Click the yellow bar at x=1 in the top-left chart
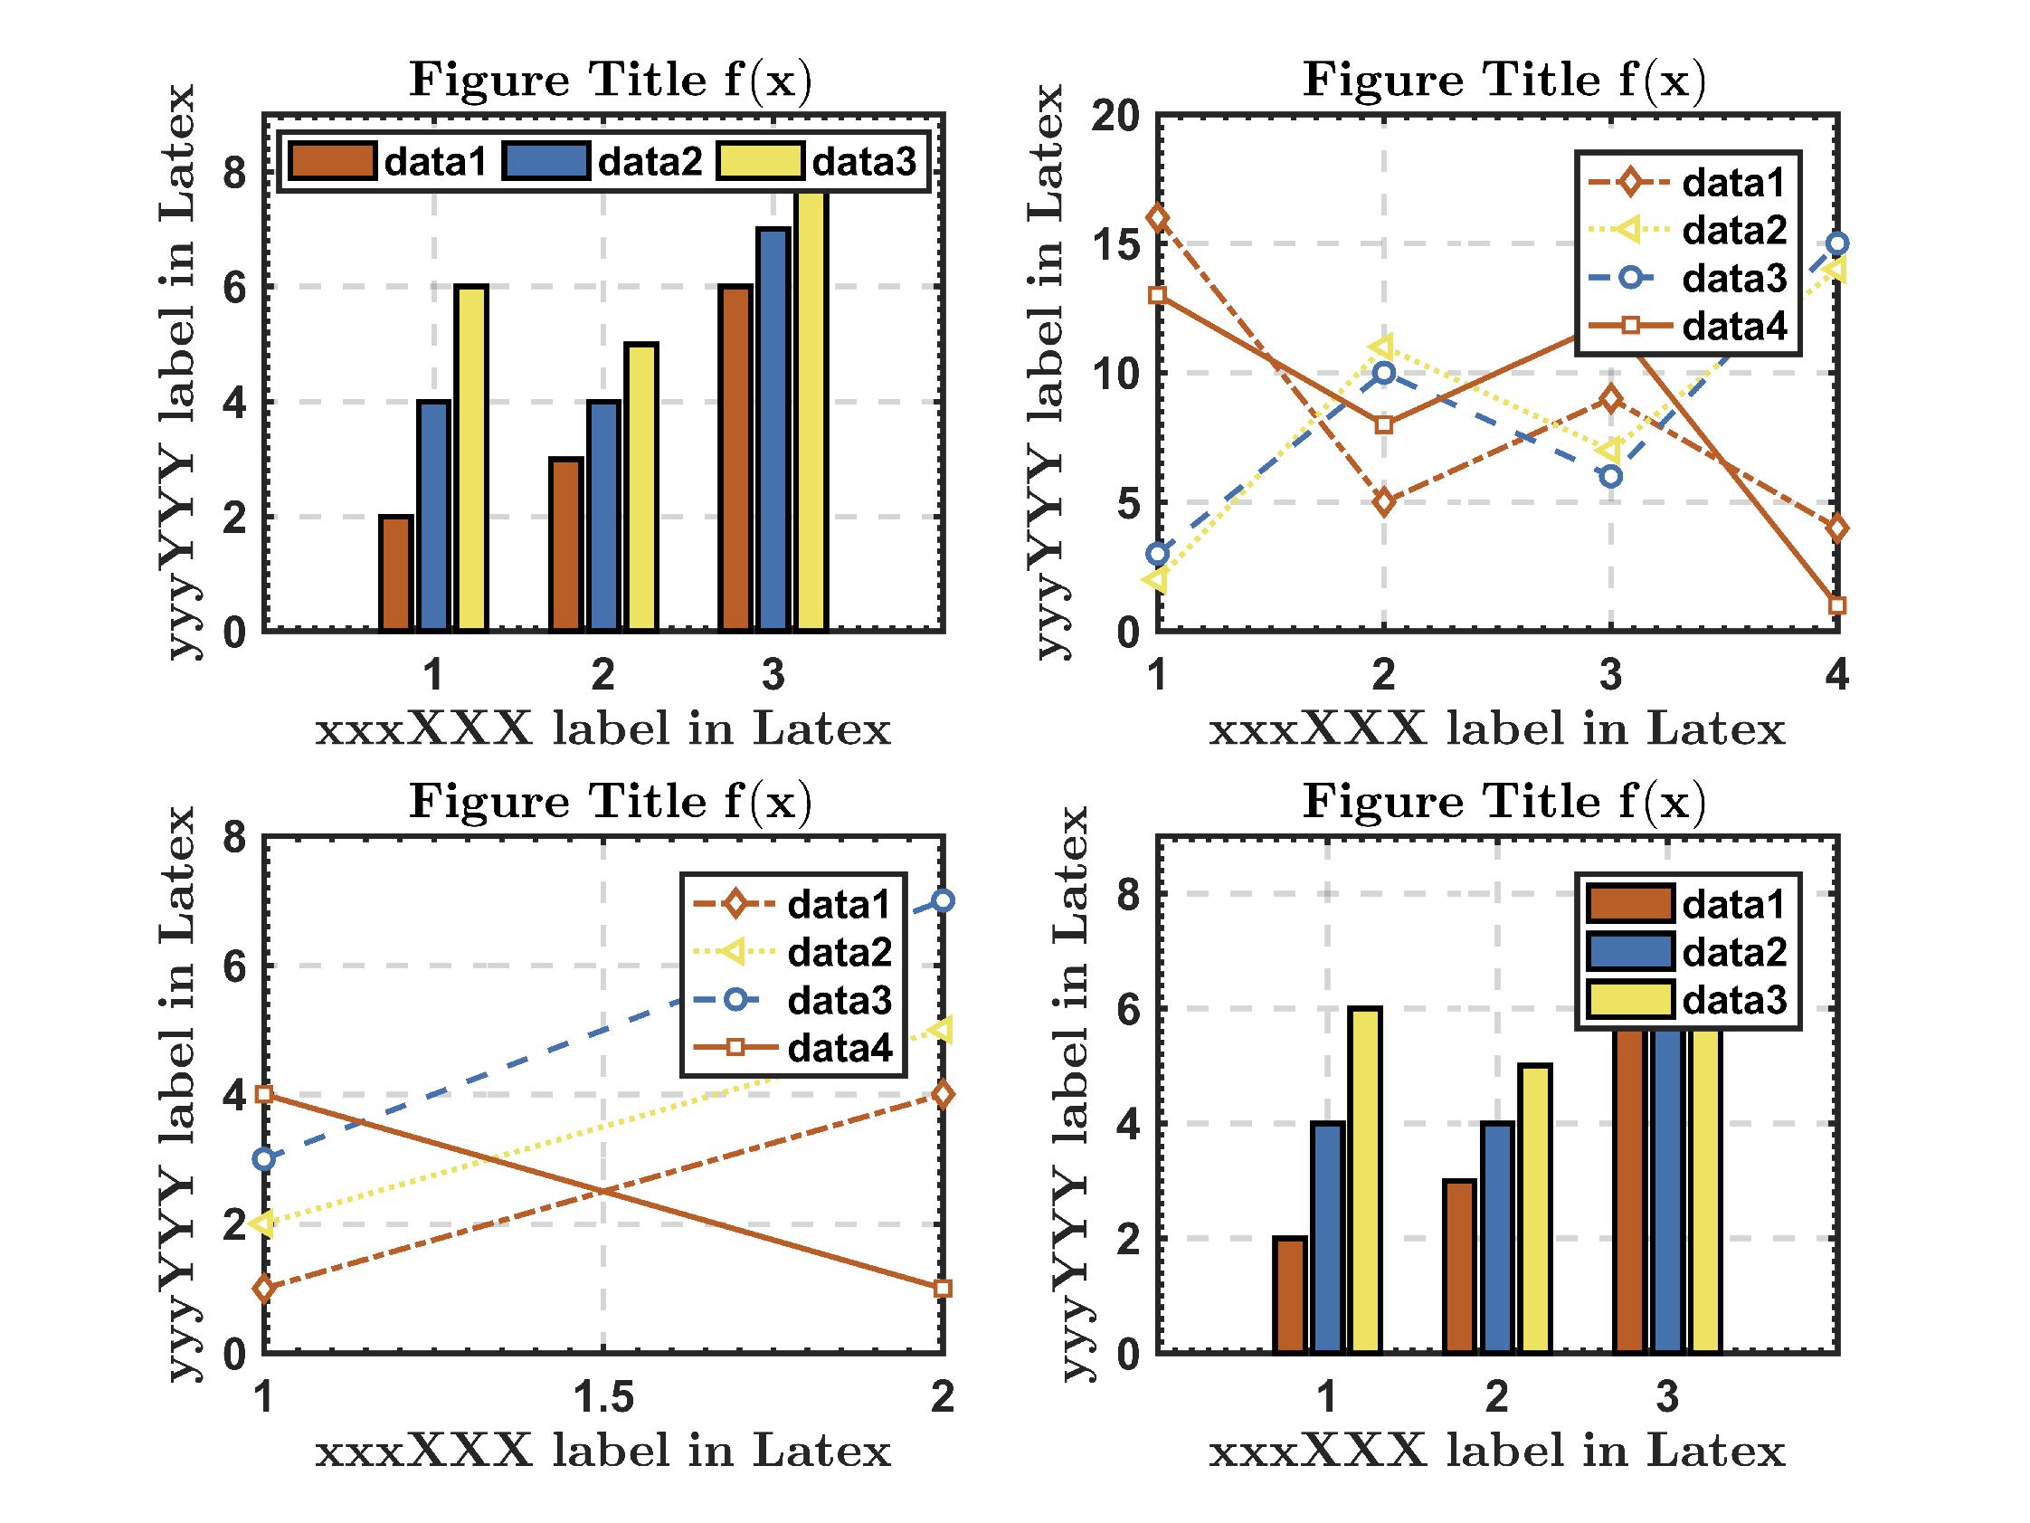tap(471, 459)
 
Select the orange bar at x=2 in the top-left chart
tap(565, 545)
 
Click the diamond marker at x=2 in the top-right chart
tap(1384, 502)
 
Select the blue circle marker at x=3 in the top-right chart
tap(1610, 477)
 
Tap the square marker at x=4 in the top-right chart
tap(1837, 605)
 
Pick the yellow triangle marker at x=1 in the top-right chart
tap(1158, 579)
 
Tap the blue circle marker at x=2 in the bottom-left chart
tap(943, 900)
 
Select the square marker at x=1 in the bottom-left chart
tap(264, 1094)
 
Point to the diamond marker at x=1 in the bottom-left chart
tap(264, 1289)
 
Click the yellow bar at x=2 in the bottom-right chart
tap(1534, 1208)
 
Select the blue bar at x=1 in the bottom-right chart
tap(1327, 1238)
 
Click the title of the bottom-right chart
tap(1504, 801)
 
